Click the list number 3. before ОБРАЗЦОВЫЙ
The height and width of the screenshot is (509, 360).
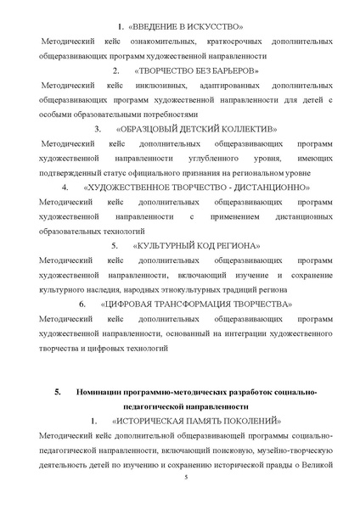coord(98,129)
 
